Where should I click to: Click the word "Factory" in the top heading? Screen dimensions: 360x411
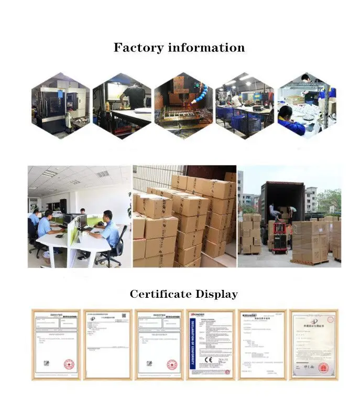(138, 48)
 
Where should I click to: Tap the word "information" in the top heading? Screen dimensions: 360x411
(206, 48)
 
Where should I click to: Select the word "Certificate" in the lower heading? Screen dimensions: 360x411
(160, 294)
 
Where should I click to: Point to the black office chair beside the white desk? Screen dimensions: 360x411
(114, 252)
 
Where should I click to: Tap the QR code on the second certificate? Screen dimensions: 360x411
(124, 317)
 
